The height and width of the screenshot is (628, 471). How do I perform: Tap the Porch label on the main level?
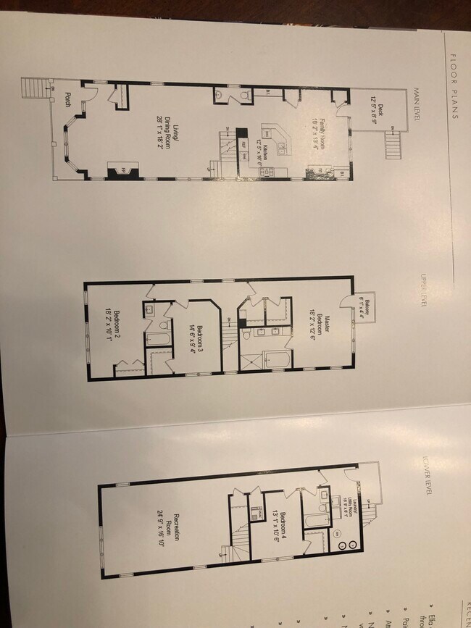coord(67,100)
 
